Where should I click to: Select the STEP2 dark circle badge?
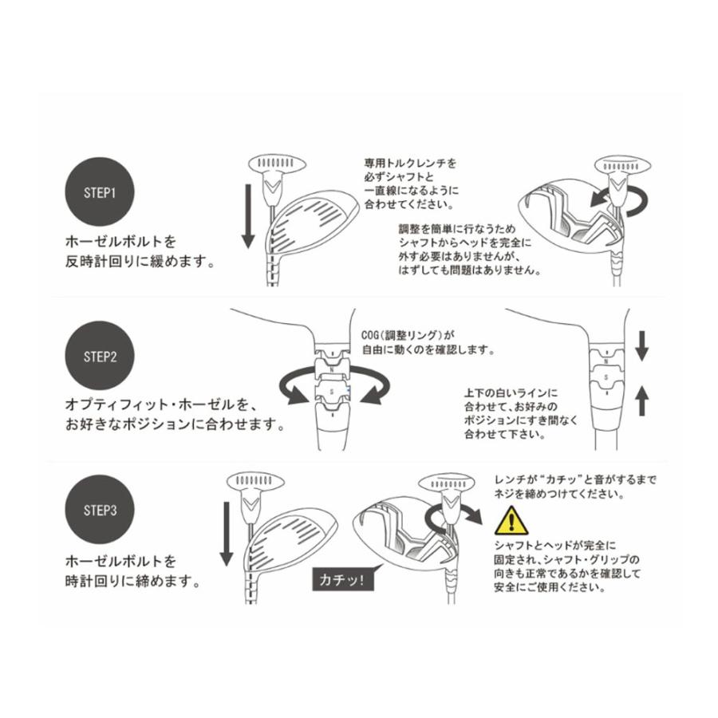[x=101, y=356]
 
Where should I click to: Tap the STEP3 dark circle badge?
[x=101, y=510]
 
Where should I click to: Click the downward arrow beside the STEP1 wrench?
[x=247, y=215]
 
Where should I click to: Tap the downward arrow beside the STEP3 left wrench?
[x=226, y=534]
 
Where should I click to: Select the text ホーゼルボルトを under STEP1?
[x=120, y=239]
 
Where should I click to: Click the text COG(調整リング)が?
[x=407, y=334]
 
